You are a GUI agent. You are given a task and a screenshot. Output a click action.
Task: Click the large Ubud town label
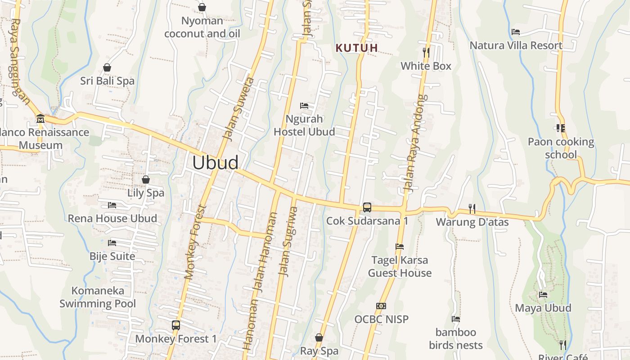(215, 162)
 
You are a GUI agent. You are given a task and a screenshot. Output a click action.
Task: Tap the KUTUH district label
(357, 48)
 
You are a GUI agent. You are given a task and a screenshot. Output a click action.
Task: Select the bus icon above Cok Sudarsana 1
(367, 207)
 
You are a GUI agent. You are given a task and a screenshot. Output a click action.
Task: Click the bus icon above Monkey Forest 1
(176, 325)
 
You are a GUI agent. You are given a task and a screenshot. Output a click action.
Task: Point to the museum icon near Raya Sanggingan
(40, 119)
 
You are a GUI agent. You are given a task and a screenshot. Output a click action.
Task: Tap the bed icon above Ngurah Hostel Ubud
(304, 106)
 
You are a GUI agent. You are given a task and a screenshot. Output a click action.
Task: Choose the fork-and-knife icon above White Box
(426, 53)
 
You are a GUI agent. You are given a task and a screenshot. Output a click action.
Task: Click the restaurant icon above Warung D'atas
(472, 208)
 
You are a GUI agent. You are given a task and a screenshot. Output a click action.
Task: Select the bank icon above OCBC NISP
(381, 306)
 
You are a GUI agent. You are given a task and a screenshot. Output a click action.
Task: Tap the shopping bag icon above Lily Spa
(145, 180)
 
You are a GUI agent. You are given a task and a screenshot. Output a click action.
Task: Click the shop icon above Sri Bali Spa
(107, 67)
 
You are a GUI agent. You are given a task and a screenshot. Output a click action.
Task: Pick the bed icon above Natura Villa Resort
(516, 32)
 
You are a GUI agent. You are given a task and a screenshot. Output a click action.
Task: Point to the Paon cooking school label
(561, 148)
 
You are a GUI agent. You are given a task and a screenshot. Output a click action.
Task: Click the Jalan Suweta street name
(238, 109)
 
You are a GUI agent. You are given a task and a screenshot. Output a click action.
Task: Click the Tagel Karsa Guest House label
(400, 266)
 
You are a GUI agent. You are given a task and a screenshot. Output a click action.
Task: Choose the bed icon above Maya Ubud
(543, 295)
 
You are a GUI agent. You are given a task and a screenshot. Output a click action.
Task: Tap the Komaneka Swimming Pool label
(98, 297)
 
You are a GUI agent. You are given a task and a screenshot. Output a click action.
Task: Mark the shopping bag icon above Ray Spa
(319, 337)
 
